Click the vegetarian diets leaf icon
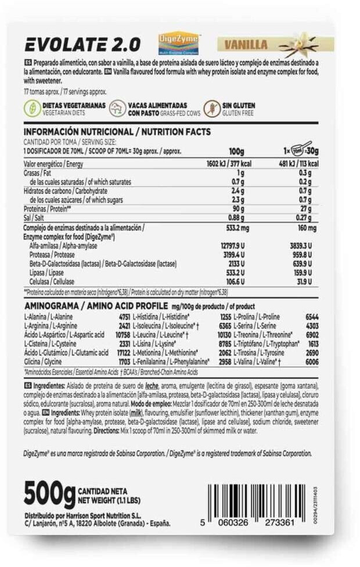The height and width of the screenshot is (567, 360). [31, 109]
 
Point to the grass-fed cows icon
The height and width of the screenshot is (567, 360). [119, 109]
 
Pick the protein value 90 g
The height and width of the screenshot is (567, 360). [236, 208]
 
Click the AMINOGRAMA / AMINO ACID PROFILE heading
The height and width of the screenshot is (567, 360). [95, 305]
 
